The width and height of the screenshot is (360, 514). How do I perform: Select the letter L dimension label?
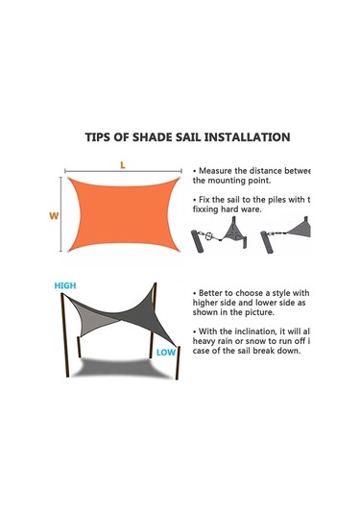coord(123,164)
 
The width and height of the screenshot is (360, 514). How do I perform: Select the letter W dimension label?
coord(54,216)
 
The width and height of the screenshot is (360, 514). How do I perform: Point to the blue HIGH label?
coord(65,286)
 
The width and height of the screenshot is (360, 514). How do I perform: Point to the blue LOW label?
coord(167,353)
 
